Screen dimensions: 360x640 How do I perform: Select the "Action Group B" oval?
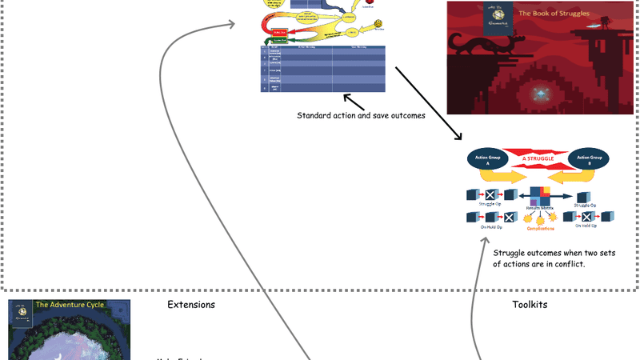(x=589, y=159)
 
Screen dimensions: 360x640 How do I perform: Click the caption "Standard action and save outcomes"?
(x=360, y=115)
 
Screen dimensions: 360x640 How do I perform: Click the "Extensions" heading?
(x=191, y=305)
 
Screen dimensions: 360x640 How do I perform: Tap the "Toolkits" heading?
(x=529, y=305)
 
